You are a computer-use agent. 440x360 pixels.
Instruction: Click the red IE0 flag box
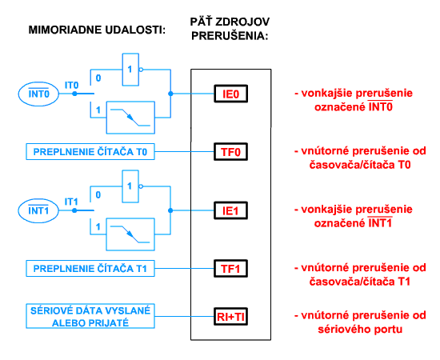tap(230, 94)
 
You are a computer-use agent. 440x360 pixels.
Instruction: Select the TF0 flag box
tap(230, 152)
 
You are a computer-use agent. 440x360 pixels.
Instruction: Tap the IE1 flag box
tap(230, 210)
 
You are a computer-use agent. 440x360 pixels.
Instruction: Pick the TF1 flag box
tap(230, 269)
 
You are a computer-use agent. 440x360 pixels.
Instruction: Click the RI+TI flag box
tap(230, 317)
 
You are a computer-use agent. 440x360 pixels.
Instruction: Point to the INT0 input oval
tap(38, 94)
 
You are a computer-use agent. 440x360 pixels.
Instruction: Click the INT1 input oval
tap(38, 210)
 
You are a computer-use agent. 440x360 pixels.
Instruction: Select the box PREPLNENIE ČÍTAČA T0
tap(90, 152)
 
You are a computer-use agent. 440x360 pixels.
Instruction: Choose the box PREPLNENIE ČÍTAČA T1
tap(90, 269)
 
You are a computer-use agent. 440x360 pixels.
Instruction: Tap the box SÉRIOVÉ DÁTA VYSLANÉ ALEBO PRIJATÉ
tap(90, 316)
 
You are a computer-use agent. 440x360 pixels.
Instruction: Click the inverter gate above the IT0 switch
tap(130, 70)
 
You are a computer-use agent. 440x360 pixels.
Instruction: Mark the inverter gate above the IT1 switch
tap(130, 186)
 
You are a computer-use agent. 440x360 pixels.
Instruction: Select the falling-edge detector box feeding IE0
tap(130, 118)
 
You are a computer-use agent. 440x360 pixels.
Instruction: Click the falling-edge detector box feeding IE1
tap(130, 234)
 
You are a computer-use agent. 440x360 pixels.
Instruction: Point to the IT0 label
tap(71, 85)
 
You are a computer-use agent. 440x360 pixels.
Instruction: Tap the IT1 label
tap(71, 202)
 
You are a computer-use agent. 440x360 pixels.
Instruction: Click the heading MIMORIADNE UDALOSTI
tap(97, 30)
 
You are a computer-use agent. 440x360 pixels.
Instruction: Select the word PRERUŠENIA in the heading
tap(230, 36)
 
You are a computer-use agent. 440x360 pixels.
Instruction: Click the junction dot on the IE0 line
tap(170, 94)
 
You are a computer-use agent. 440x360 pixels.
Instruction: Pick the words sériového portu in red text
tap(360, 330)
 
